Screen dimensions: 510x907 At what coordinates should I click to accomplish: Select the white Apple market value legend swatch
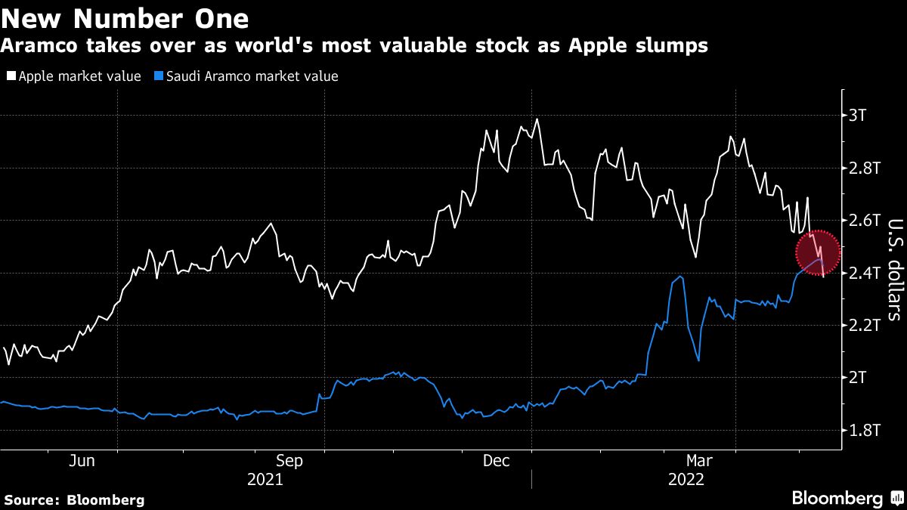click(x=11, y=76)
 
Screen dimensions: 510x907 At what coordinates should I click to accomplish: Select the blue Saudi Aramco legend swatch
click(x=157, y=76)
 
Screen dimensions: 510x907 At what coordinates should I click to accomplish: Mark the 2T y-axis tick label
click(x=859, y=377)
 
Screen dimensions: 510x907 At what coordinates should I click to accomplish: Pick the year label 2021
click(x=265, y=480)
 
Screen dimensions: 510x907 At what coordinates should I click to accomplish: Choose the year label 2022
click(x=686, y=480)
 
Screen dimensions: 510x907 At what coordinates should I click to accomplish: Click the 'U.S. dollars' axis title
click(x=894, y=269)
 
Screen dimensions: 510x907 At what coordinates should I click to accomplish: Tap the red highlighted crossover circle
click(x=819, y=253)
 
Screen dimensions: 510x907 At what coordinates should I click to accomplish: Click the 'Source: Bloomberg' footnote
click(x=74, y=499)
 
